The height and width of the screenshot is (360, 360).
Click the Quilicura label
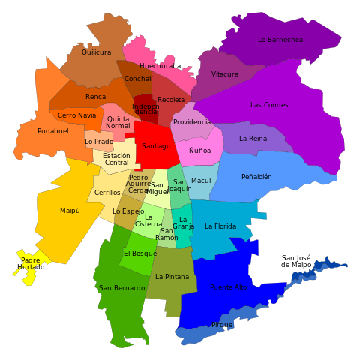pos(96,52)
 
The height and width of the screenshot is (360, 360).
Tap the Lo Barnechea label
pos(280,40)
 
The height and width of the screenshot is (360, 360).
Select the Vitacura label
pos(225,74)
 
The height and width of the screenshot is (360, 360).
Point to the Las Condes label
pos(269,105)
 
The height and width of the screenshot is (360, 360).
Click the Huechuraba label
pos(157,66)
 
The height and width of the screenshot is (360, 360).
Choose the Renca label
pos(95,97)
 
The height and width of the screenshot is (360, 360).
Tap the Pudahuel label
pos(52,131)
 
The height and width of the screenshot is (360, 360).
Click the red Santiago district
pos(156,146)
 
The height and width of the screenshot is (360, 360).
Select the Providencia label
pos(192,122)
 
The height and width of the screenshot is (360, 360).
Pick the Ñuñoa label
pos(199,151)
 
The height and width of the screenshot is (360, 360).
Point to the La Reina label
pos(253,139)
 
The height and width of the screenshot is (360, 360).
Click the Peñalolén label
pos(256,177)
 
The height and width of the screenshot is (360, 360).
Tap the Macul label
pos(201,181)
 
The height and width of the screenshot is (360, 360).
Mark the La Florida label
pos(220,226)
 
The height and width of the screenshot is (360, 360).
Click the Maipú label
pos(70,211)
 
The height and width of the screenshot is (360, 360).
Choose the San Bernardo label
pos(122,288)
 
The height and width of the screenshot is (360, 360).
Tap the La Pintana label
pos(172,277)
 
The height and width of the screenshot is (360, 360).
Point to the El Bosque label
pos(140,253)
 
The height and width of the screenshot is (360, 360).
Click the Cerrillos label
pos(107,193)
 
